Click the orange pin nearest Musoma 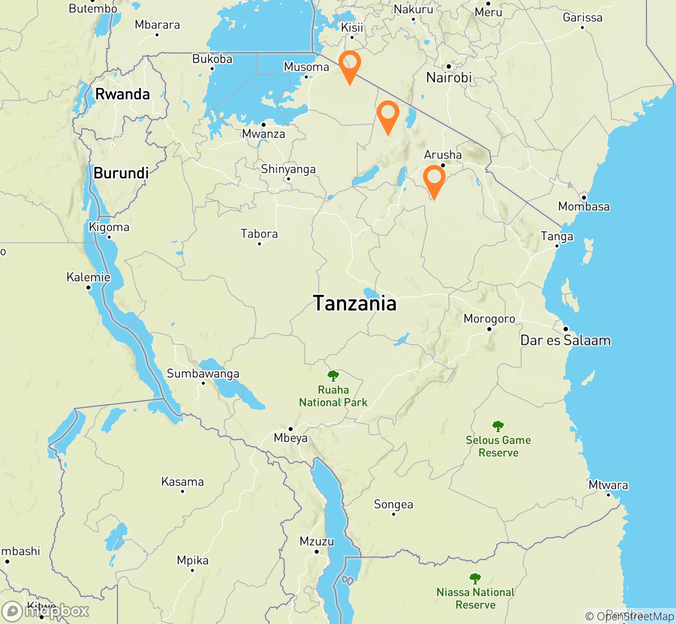pyautogui.click(x=349, y=64)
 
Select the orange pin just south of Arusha pyautogui.click(x=434, y=179)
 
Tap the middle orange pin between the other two pyautogui.click(x=387, y=114)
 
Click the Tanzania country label pyautogui.click(x=355, y=303)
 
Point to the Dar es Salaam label pyautogui.click(x=565, y=341)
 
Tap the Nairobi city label pyautogui.click(x=449, y=78)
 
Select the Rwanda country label pyautogui.click(x=122, y=94)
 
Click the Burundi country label pyautogui.click(x=121, y=173)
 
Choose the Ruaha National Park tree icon pyautogui.click(x=333, y=375)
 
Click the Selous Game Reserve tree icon pyautogui.click(x=498, y=426)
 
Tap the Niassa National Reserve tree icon pyautogui.click(x=475, y=578)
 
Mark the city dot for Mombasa pyautogui.click(x=584, y=198)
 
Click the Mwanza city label pyautogui.click(x=264, y=134)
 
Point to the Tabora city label pyautogui.click(x=259, y=234)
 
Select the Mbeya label pyautogui.click(x=291, y=438)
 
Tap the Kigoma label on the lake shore pyautogui.click(x=109, y=227)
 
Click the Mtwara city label pyautogui.click(x=608, y=485)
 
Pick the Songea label pyautogui.click(x=394, y=504)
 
